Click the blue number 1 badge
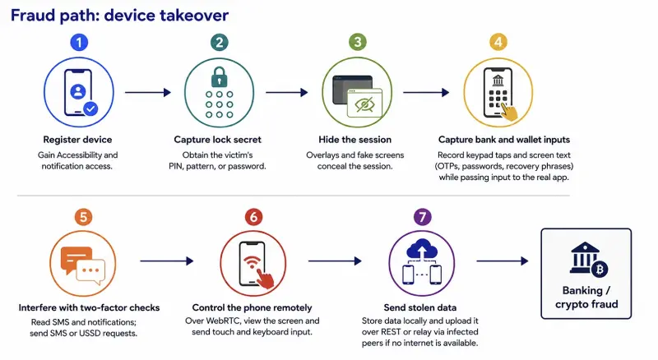[79, 43]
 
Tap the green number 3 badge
[358, 42]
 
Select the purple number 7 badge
[422, 217]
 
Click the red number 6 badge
[253, 217]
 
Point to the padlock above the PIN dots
[219, 76]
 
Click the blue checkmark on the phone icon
[90, 108]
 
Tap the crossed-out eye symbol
[364, 104]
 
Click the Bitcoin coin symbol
[600, 269]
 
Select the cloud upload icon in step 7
[422, 250]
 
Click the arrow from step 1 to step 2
[148, 92]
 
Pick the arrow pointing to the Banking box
[503, 261]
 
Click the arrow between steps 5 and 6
[167, 261]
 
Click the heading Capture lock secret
[217, 140]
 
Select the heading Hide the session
[354, 140]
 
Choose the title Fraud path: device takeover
[119, 16]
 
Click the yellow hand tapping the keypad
[509, 112]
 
